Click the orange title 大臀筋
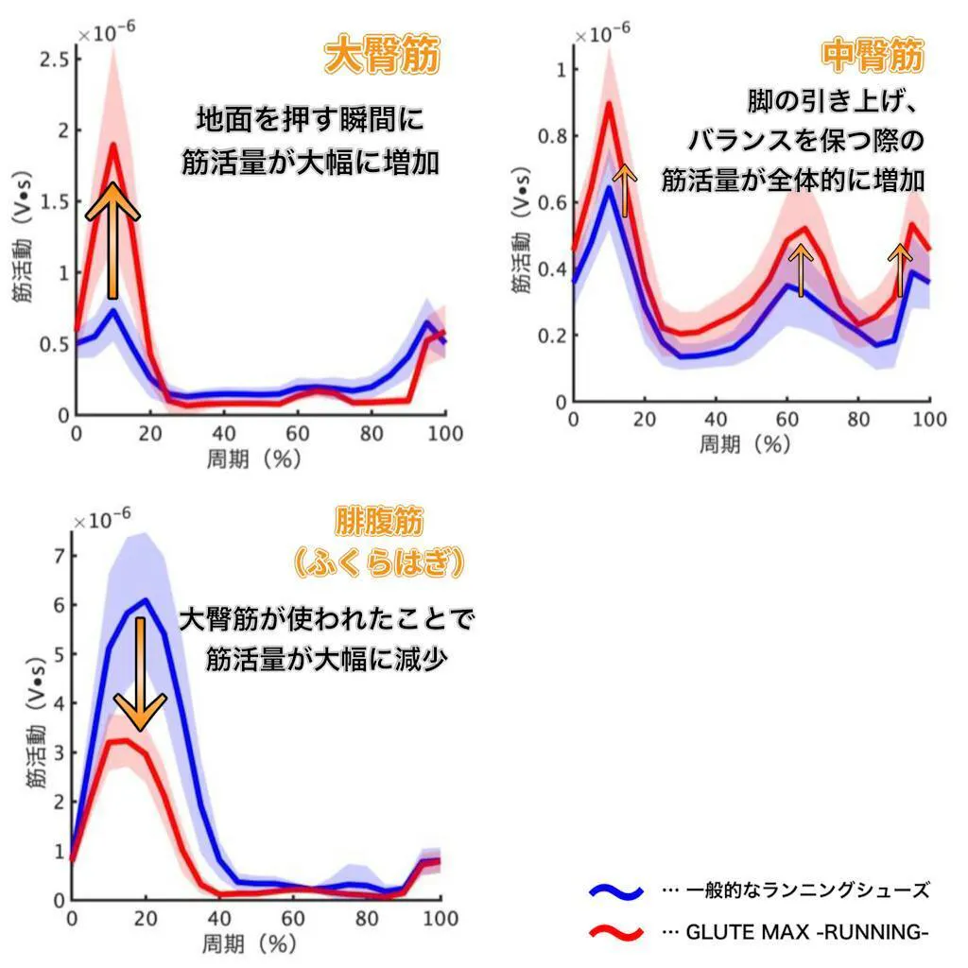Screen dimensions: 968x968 click(382, 58)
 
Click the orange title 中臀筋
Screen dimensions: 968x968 click(872, 58)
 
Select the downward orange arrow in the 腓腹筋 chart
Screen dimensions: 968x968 click(140, 673)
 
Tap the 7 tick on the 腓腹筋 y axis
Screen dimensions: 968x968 click(58, 556)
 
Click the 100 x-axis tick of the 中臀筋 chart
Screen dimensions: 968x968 click(929, 422)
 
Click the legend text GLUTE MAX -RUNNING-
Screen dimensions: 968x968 click(806, 933)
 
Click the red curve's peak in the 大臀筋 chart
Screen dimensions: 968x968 click(113, 145)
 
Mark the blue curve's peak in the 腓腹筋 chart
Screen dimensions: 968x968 click(145, 599)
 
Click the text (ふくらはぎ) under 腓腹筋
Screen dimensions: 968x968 click(378, 563)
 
